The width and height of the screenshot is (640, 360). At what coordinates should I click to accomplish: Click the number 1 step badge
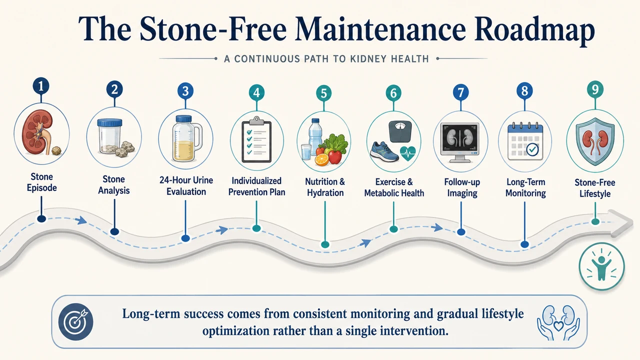[41, 86]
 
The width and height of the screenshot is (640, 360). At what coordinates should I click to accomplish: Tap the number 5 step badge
[323, 93]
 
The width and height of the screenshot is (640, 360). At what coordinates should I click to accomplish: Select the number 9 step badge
[595, 89]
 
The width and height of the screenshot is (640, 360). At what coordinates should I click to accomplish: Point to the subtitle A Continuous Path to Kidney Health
[326, 59]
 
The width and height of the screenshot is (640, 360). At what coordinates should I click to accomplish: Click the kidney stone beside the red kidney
[56, 150]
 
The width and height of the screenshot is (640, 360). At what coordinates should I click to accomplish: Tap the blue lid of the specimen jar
[109, 123]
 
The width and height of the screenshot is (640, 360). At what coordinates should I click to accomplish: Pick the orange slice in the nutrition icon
[322, 159]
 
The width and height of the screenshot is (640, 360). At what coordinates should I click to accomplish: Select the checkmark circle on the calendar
[532, 149]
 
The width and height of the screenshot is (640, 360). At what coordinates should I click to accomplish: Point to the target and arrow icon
[75, 321]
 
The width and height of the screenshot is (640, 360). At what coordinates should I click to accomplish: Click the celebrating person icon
[601, 266]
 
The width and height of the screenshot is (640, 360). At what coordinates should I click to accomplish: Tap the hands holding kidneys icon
[558, 323]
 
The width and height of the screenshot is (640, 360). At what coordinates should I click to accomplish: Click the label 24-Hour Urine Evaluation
[186, 186]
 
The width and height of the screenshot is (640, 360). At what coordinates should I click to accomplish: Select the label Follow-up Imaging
[462, 187]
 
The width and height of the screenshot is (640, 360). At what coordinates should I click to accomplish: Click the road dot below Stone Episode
[41, 219]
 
